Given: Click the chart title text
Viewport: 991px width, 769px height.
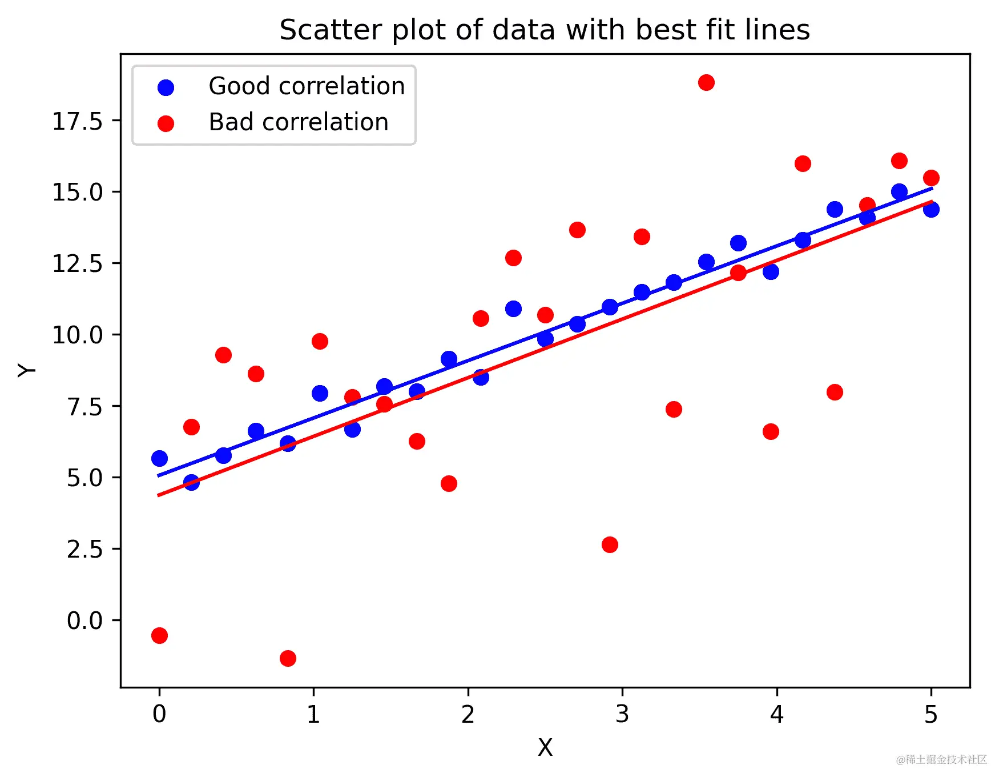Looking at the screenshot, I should point(544,30).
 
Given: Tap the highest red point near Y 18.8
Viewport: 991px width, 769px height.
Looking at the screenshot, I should point(706,82).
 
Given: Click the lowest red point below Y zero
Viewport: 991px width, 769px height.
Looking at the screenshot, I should point(288,658).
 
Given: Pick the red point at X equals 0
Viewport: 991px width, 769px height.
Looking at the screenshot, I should point(159,635).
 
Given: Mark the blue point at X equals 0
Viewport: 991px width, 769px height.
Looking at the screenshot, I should point(159,458).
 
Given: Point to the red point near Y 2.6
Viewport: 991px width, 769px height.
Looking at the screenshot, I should point(610,544).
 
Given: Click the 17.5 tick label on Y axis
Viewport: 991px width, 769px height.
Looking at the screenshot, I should point(77,121).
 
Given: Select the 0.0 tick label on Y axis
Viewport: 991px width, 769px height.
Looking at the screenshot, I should point(84,620).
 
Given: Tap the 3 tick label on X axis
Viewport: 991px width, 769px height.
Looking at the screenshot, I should point(622,714).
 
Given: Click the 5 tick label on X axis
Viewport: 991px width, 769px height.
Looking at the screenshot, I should point(931,714).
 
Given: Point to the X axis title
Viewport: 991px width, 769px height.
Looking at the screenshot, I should point(545,747).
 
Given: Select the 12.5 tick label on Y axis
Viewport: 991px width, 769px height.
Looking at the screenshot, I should point(77,263).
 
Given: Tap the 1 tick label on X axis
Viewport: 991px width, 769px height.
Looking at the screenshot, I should point(313,714).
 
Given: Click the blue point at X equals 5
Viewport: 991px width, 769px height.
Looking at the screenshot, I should point(931,209).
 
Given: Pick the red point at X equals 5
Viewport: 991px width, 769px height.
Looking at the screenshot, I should point(931,178).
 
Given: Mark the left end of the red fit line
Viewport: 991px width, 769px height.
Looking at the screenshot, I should point(159,495).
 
